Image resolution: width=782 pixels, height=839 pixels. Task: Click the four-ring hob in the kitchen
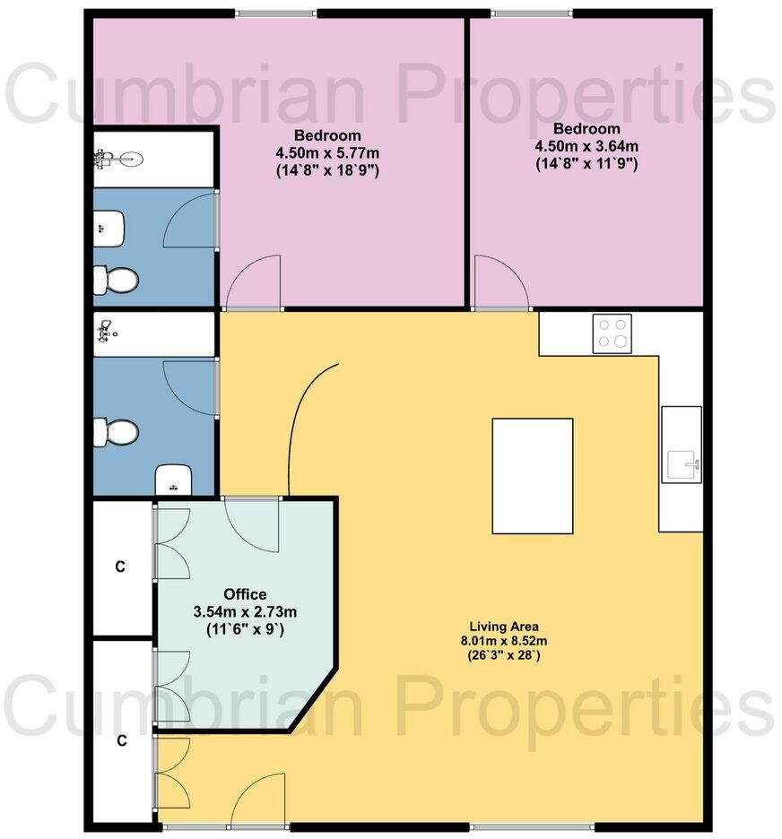pyautogui.click(x=612, y=333)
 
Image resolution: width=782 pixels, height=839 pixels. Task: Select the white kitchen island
pyautogui.click(x=533, y=476)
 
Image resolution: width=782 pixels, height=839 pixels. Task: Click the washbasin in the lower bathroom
pyautogui.click(x=171, y=479)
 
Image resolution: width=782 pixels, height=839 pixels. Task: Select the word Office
pyautogui.click(x=245, y=594)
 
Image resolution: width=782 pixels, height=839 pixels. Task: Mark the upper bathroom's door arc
pyautogui.click(x=191, y=220)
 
